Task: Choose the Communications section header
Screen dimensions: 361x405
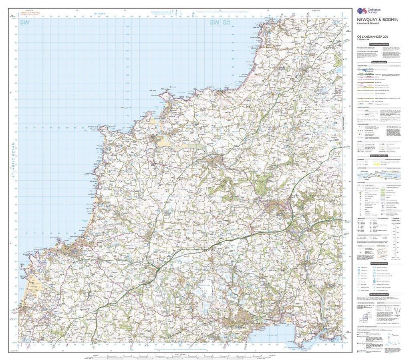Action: coord(379,63)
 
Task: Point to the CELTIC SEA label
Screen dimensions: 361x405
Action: coord(99,14)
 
